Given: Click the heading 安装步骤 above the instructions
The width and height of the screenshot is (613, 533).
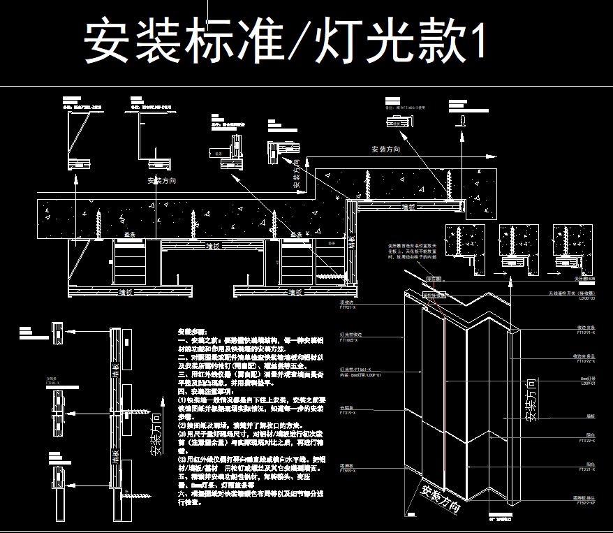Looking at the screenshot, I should (x=193, y=331).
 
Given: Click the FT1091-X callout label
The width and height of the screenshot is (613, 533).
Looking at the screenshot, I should (x=585, y=333).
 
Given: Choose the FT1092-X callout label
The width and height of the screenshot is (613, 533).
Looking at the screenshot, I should (x=585, y=361).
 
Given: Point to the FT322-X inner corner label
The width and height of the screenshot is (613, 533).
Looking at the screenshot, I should (x=586, y=441).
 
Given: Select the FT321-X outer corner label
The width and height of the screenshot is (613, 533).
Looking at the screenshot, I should (x=586, y=470).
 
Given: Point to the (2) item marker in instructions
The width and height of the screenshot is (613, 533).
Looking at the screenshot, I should (x=184, y=425).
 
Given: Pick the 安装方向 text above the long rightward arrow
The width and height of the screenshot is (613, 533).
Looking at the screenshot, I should (x=385, y=149).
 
